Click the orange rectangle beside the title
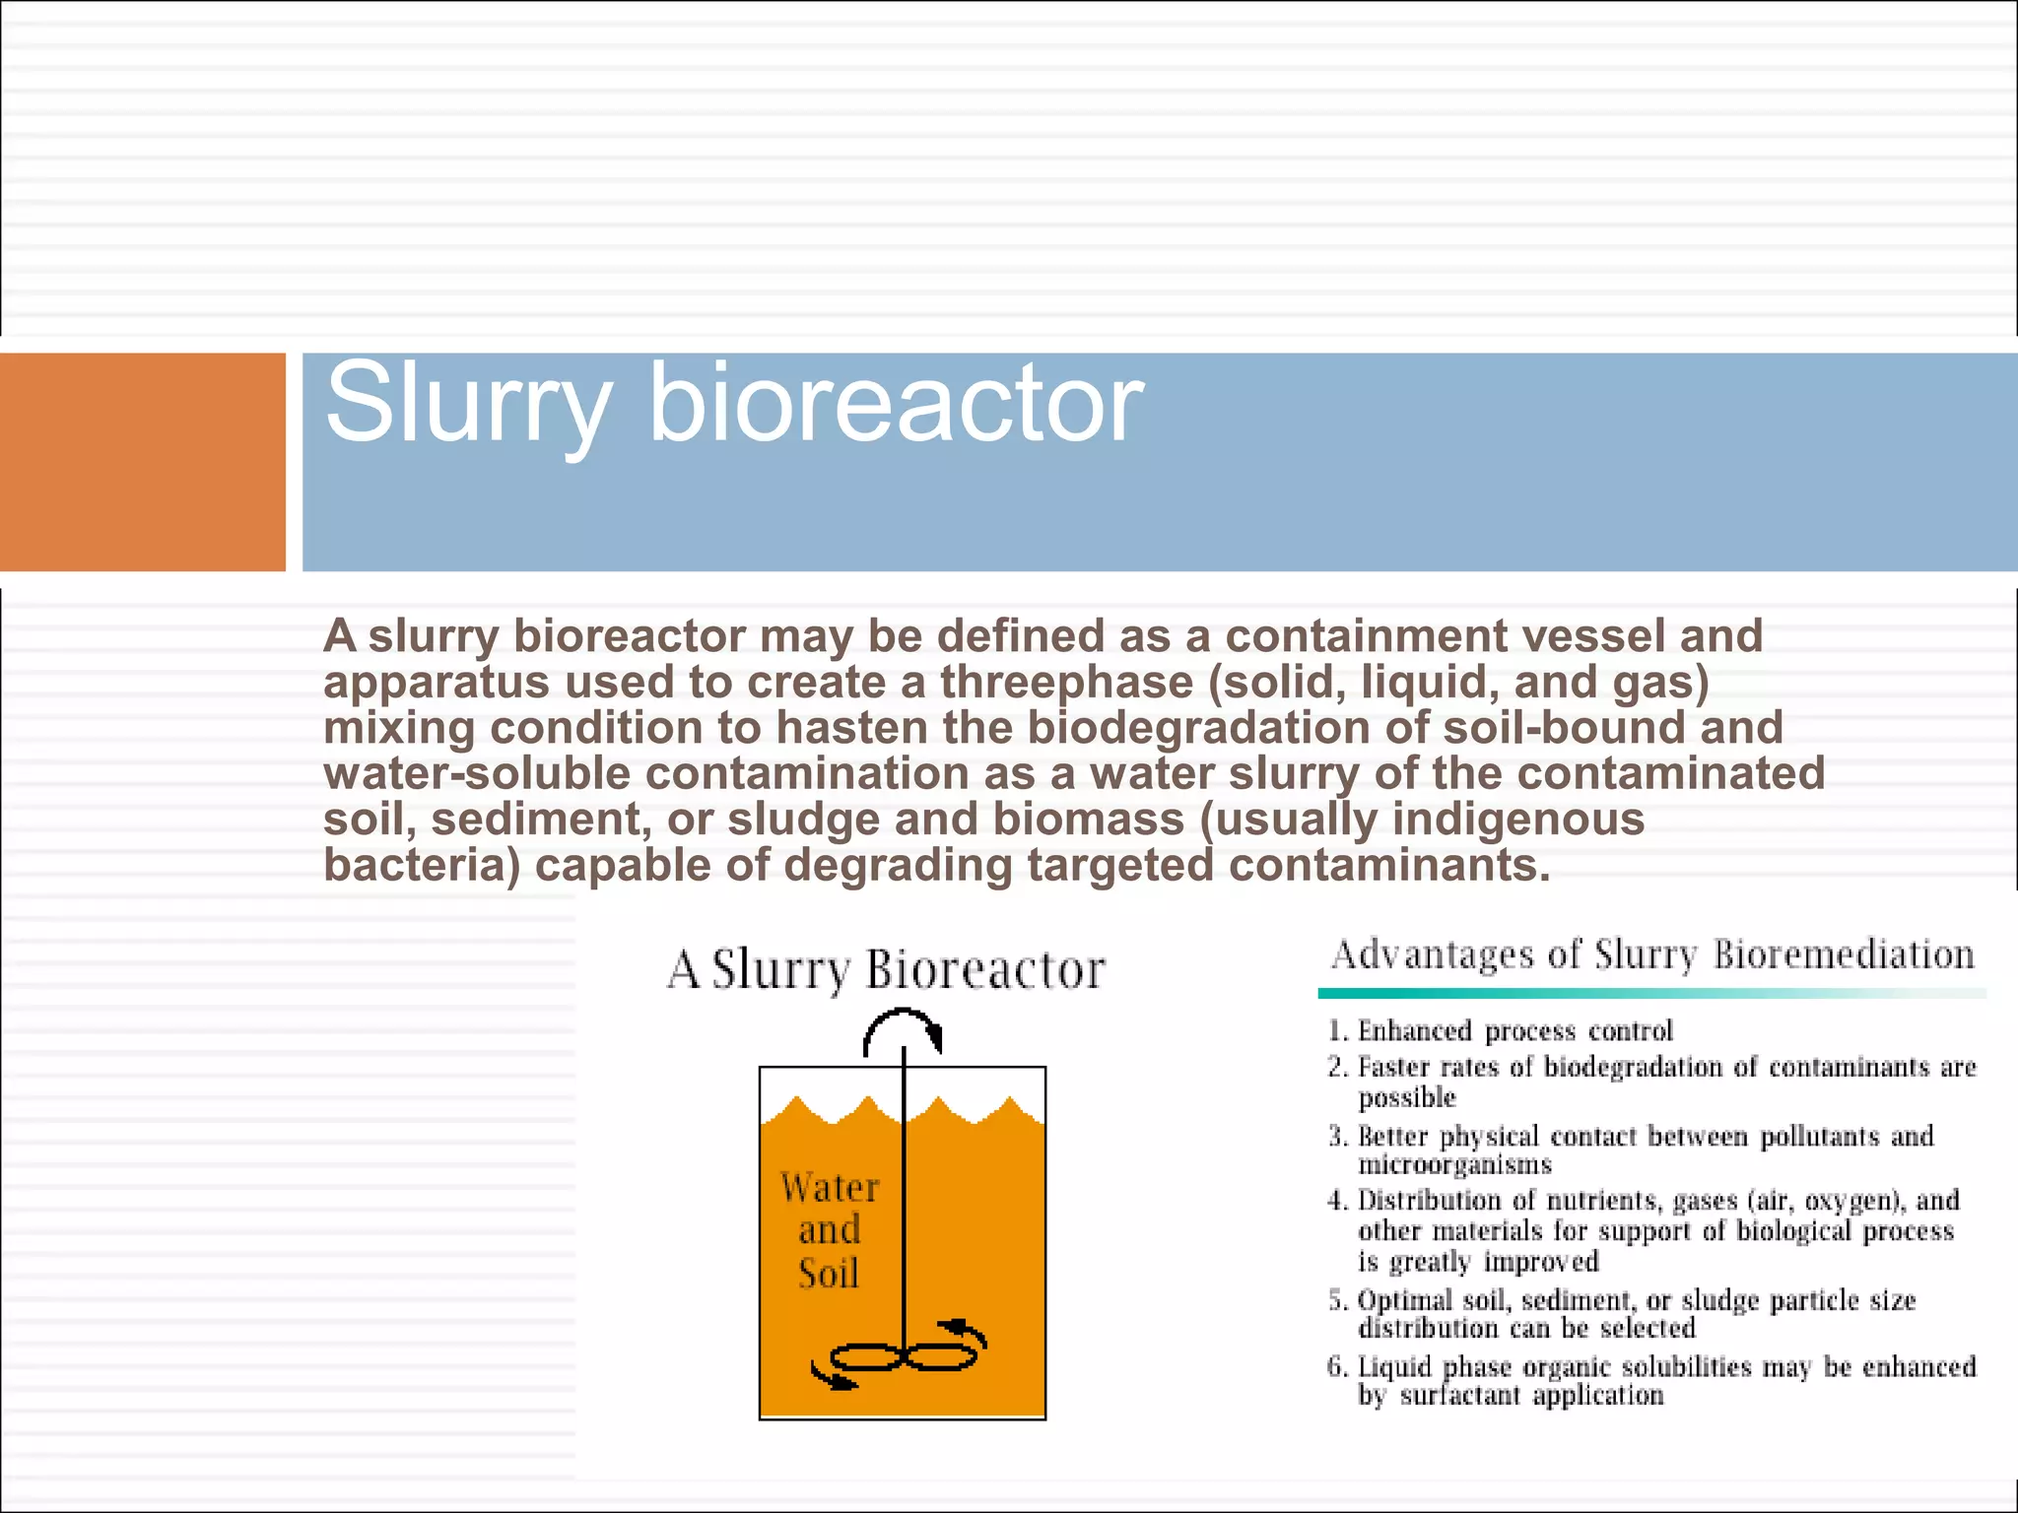tap(143, 462)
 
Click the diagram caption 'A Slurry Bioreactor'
tap(886, 969)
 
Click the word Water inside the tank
tap(830, 1187)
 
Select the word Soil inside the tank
tap(829, 1274)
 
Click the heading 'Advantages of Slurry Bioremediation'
tap(1652, 955)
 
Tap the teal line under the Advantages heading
tap(1651, 994)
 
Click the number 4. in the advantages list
tap(1337, 1201)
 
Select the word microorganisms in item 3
tap(1454, 1165)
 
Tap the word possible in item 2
tap(1406, 1097)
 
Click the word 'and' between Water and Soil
tap(830, 1230)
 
